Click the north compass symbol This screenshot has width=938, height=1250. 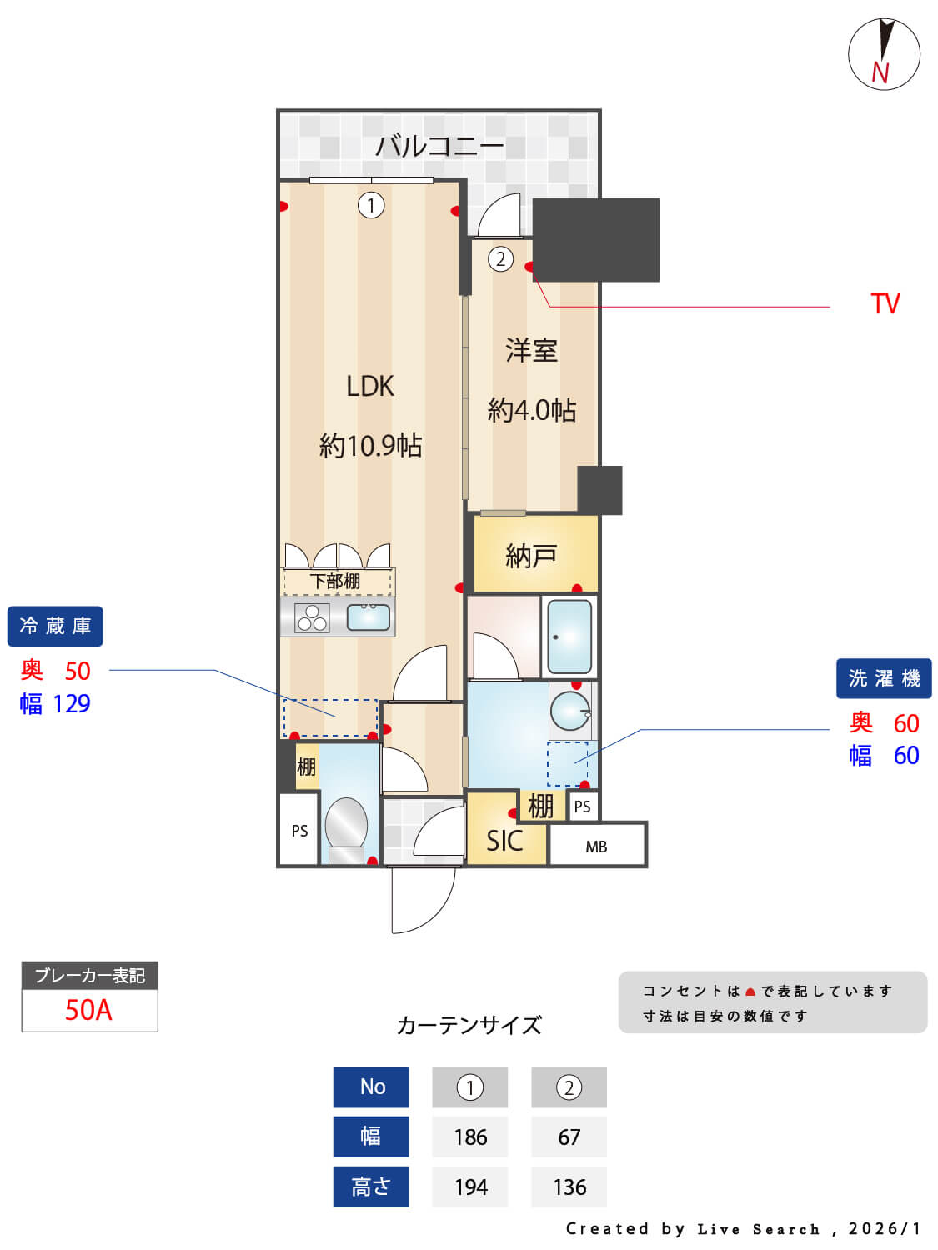[884, 54]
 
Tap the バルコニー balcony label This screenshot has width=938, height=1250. [439, 147]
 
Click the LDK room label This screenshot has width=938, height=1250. [370, 386]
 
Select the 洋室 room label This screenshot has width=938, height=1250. [531, 351]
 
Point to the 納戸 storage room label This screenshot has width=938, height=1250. [531, 555]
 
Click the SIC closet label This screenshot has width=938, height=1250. [504, 842]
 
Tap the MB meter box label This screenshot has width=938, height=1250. [596, 847]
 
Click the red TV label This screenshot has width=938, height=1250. [885, 304]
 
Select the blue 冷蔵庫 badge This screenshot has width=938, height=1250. [55, 626]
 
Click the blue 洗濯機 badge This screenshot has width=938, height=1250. [884, 678]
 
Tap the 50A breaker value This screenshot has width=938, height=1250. [88, 1010]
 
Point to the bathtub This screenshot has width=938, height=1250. [570, 637]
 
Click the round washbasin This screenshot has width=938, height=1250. [570, 711]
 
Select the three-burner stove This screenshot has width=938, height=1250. [312, 617]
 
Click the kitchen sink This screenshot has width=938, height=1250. [368, 617]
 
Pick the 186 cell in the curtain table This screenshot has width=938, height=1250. [470, 1137]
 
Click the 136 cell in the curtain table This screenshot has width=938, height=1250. [569, 1187]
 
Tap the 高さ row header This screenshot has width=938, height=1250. [371, 1187]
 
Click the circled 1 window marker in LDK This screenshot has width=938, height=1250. [371, 205]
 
